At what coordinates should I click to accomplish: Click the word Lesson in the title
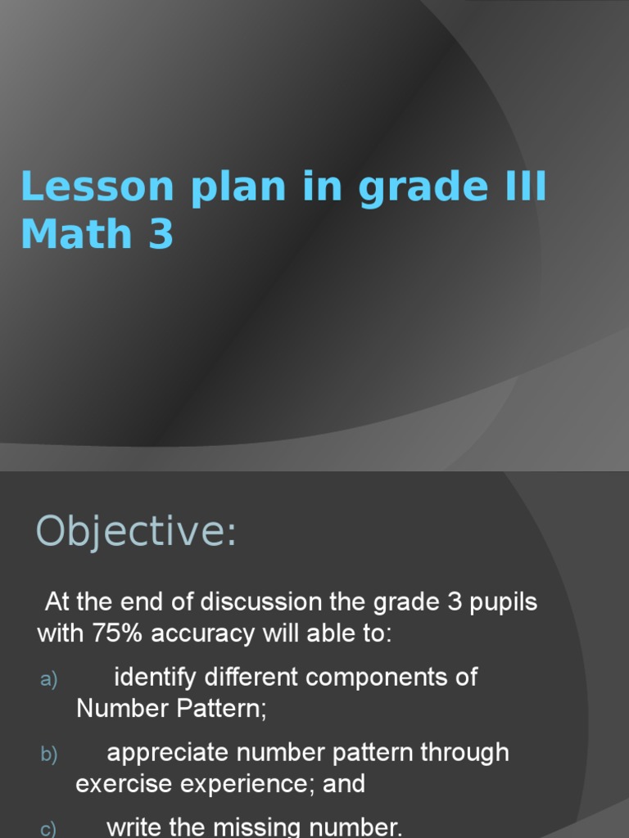(97, 187)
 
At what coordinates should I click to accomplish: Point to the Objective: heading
(136, 532)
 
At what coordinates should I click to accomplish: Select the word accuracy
(203, 634)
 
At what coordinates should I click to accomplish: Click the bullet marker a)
(49, 679)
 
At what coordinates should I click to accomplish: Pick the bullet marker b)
(49, 755)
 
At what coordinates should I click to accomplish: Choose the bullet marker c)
(49, 829)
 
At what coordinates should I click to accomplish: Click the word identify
(156, 678)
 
